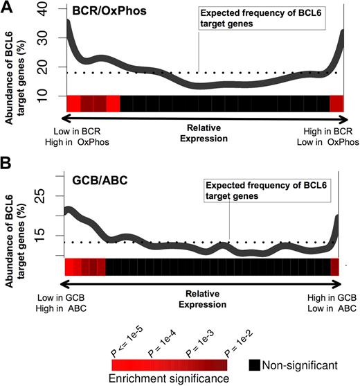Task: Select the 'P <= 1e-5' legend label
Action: click(126, 344)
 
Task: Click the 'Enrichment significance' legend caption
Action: click(170, 378)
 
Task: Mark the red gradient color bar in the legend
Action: click(170, 365)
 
